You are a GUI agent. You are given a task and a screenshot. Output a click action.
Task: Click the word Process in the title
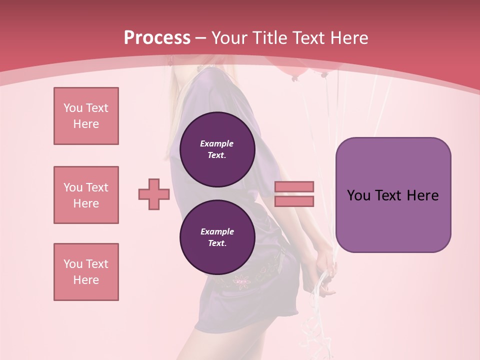[x=157, y=38]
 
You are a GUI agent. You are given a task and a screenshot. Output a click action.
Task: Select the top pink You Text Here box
[x=86, y=116]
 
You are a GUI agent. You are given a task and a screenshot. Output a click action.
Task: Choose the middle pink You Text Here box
[x=86, y=195]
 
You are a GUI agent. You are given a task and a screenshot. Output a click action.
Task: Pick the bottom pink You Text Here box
[x=86, y=272]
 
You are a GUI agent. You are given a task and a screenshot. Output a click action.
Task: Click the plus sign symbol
[x=154, y=194]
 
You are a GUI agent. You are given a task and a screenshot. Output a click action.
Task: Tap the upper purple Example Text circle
[x=217, y=149]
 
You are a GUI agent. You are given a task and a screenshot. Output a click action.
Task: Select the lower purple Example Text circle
[x=217, y=237]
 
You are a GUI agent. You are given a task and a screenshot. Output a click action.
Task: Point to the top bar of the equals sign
[x=294, y=186]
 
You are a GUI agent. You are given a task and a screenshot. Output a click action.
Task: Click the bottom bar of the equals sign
[x=294, y=201]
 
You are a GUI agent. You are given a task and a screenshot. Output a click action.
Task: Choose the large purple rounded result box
[x=393, y=195]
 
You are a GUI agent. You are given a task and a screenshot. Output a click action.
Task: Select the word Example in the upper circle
[x=216, y=143]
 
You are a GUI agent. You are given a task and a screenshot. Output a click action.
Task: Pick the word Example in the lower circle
[x=217, y=231]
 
